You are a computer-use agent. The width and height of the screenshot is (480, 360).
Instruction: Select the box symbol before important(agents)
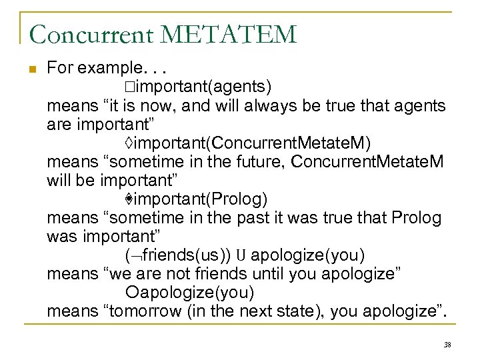coord(128,87)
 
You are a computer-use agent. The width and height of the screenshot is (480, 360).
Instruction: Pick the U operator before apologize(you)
coord(242,255)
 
